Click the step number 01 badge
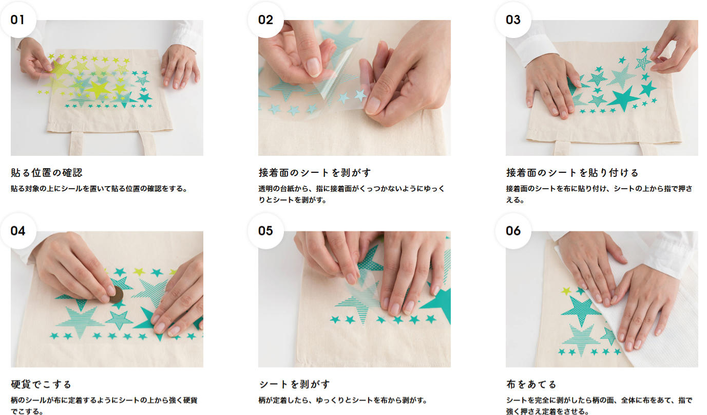[x=18, y=20]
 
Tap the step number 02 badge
[x=265, y=20]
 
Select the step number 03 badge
[x=513, y=20]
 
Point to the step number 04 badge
[x=18, y=231]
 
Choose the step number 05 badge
[x=265, y=231]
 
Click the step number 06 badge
[x=513, y=231]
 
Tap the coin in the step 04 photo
[x=116, y=295]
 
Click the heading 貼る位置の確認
[x=47, y=173]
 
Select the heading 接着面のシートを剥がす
[x=315, y=173]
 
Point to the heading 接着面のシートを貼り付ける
[x=572, y=173]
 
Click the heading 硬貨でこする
[x=41, y=384]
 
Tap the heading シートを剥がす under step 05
[x=294, y=384]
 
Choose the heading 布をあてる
[x=531, y=384]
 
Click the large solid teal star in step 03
[x=623, y=99]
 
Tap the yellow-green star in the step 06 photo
[x=566, y=291]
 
